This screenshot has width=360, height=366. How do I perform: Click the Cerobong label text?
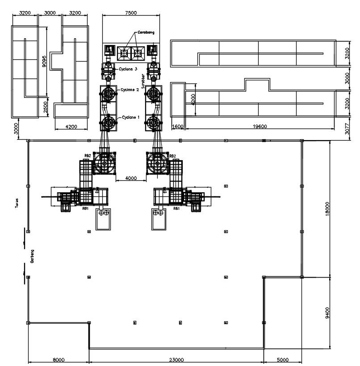point(146,33)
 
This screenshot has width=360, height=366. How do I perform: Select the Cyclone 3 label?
point(129,69)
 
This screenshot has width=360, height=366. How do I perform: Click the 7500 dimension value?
point(131,13)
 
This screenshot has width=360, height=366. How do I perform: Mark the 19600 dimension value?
point(260,127)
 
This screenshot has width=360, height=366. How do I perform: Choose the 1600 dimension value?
point(177,127)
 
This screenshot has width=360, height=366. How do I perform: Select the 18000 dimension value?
point(327,209)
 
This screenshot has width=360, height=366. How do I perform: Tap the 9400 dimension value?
point(327,313)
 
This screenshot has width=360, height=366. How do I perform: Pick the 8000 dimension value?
point(58,360)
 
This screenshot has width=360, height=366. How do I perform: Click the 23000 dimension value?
point(176,360)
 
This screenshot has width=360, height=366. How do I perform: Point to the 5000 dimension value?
point(283,360)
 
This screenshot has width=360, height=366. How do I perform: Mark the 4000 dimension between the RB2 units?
point(131,179)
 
